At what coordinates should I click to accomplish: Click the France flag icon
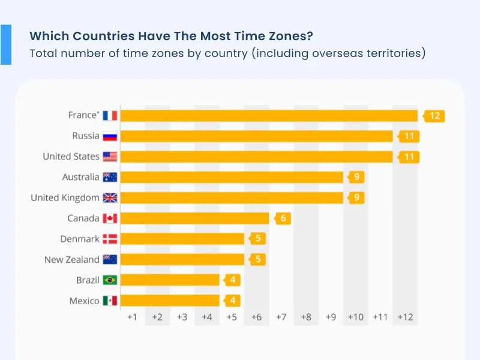110,115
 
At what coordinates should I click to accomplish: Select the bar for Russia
257,136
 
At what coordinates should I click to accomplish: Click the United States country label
71,157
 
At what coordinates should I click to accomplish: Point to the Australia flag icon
110,177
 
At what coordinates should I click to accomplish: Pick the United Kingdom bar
232,197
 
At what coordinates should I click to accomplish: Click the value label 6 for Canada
283,218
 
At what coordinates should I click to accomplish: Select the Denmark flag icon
110,239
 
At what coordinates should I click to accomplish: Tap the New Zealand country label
71,260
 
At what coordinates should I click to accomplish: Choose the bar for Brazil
170,280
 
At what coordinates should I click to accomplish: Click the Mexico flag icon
110,301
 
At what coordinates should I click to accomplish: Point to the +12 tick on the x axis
405,317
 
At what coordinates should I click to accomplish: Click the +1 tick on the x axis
133,317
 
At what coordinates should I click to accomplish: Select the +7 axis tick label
281,317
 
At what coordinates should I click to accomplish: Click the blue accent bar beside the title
6,44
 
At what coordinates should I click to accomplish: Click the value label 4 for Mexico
233,301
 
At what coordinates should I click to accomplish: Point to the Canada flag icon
110,218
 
